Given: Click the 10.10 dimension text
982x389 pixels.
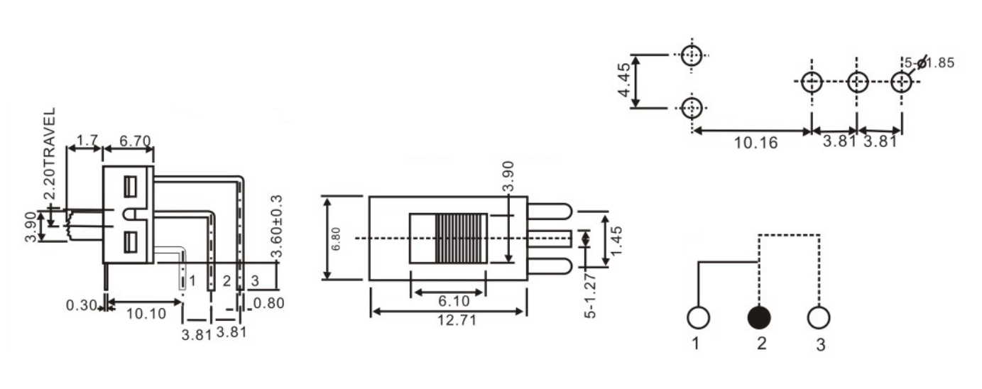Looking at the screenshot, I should [146, 313].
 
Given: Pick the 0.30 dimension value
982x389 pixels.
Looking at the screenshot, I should [82, 306].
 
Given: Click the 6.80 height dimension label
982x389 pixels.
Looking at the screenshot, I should [337, 239].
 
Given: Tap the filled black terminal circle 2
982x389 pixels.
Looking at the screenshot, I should [760, 317].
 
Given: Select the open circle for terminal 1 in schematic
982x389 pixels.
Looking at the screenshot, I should [699, 317].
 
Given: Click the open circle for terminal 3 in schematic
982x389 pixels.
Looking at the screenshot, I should [819, 317].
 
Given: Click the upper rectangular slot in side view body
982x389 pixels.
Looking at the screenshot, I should [129, 187].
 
